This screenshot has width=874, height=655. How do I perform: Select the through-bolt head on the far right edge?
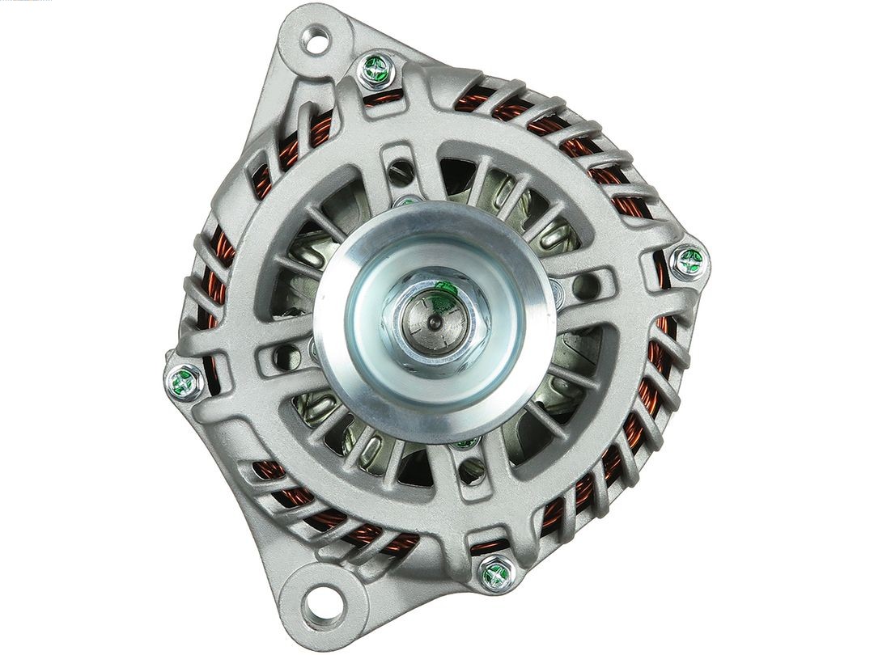(689, 261)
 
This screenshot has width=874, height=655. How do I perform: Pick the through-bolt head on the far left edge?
(185, 382)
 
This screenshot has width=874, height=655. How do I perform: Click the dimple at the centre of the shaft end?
(435, 322)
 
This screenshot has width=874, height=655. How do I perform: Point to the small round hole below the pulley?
(472, 471)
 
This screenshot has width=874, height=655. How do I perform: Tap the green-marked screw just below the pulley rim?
(465, 442)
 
